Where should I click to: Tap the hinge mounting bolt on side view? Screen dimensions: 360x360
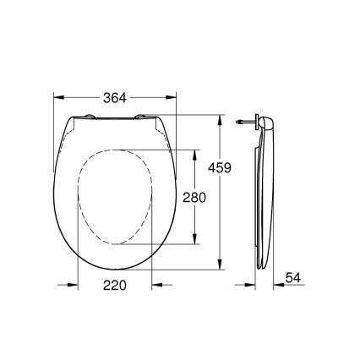pyautogui.click(x=245, y=121)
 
